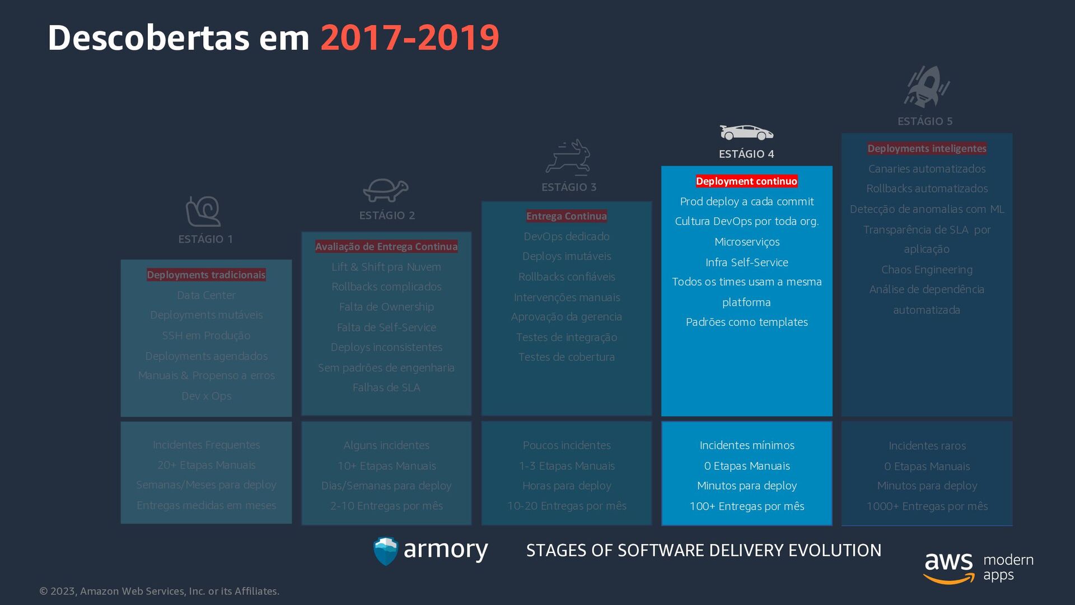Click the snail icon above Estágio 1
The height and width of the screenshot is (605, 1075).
tap(204, 212)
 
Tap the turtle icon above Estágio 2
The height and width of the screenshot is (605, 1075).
tap(385, 190)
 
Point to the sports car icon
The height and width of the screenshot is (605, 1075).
tap(746, 133)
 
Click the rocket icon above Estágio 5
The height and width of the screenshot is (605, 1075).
tap(927, 87)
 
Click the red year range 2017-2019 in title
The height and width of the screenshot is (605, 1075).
tap(409, 38)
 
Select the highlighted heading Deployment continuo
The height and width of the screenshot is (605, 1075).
tap(746, 182)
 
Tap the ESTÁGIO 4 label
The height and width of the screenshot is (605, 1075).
tap(746, 154)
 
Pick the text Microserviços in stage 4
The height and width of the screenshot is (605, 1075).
tap(747, 242)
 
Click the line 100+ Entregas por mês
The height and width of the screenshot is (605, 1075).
tap(747, 506)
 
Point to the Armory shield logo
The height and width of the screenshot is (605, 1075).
tap(386, 551)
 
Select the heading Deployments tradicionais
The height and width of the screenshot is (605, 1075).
tap(206, 275)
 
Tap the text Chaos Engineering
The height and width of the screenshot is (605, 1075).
tap(927, 270)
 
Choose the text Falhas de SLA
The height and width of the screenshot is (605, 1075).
tap(386, 388)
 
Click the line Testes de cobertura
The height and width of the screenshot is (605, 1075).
tap(567, 357)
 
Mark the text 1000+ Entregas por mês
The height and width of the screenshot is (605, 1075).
tap(927, 506)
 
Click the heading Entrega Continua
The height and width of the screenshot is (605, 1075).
tap(567, 216)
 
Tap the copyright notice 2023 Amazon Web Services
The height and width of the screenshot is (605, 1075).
tap(160, 592)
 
